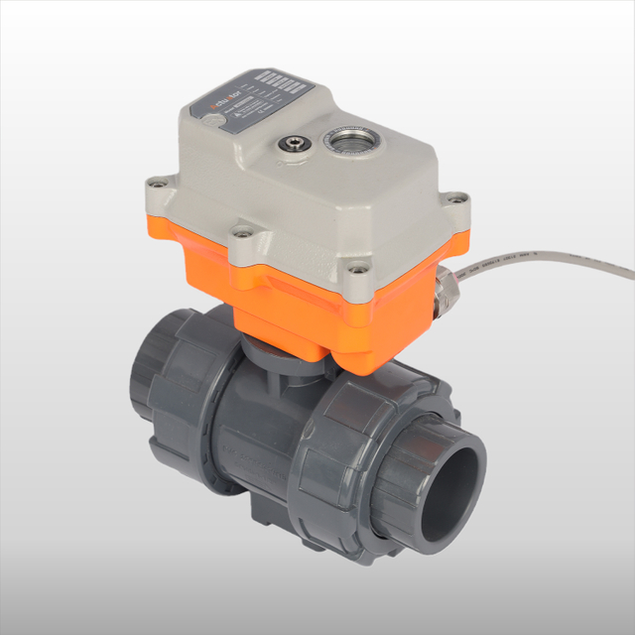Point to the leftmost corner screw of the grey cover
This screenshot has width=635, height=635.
152,184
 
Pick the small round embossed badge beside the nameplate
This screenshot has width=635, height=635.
210,121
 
